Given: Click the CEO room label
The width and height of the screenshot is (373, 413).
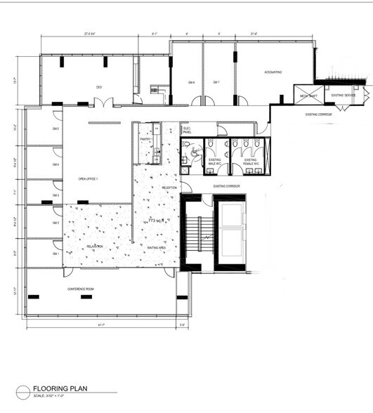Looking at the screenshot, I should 100,87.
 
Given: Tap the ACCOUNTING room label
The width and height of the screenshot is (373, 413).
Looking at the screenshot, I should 273,72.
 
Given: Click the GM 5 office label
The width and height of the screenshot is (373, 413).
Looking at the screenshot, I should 55,129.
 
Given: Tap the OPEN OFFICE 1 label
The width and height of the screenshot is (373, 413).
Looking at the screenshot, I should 88,179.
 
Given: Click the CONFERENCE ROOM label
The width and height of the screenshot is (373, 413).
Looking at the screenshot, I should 81,289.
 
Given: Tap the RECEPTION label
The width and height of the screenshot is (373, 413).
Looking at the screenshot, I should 169,188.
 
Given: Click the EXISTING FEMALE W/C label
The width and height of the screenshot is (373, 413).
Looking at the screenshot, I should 250,162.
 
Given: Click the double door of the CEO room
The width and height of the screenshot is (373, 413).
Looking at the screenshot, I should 103,105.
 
